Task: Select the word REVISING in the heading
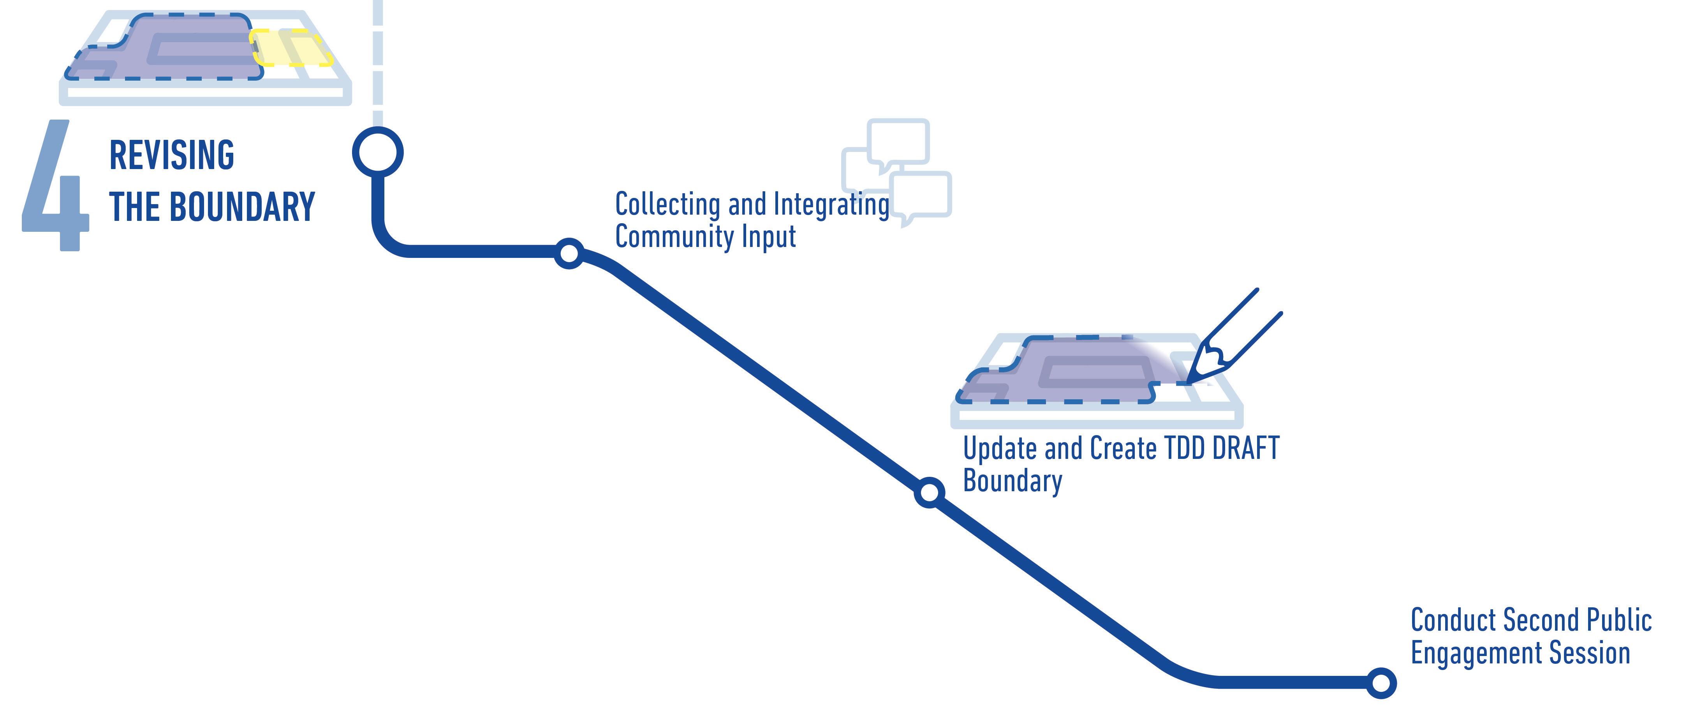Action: [x=172, y=156]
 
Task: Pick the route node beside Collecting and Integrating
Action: [x=569, y=253]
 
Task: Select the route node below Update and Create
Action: [x=929, y=493]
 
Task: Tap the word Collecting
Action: [x=668, y=205]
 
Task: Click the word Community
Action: [x=674, y=236]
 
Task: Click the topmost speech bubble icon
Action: [x=898, y=141]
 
